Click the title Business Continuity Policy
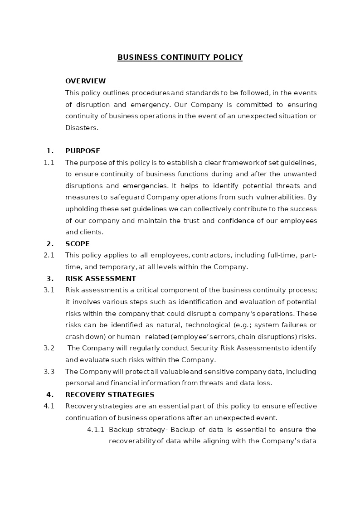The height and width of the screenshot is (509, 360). point(180,58)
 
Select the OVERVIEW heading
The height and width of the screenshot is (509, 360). point(85,81)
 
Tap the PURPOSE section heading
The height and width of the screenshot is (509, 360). point(83,151)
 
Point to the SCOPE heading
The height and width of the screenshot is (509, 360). point(78,244)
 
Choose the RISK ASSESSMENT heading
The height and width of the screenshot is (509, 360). point(101,279)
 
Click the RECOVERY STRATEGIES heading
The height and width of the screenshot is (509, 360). point(110,395)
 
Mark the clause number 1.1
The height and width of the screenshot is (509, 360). point(49,163)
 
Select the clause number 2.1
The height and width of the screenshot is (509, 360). point(49,256)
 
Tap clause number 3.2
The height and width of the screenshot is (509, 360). point(49,348)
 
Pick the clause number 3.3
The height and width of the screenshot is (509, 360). point(49,372)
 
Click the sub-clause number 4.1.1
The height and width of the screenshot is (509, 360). point(96,430)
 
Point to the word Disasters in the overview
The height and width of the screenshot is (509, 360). point(82,128)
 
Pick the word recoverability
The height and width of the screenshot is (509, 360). point(132,441)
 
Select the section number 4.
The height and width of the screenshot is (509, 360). point(50,395)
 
